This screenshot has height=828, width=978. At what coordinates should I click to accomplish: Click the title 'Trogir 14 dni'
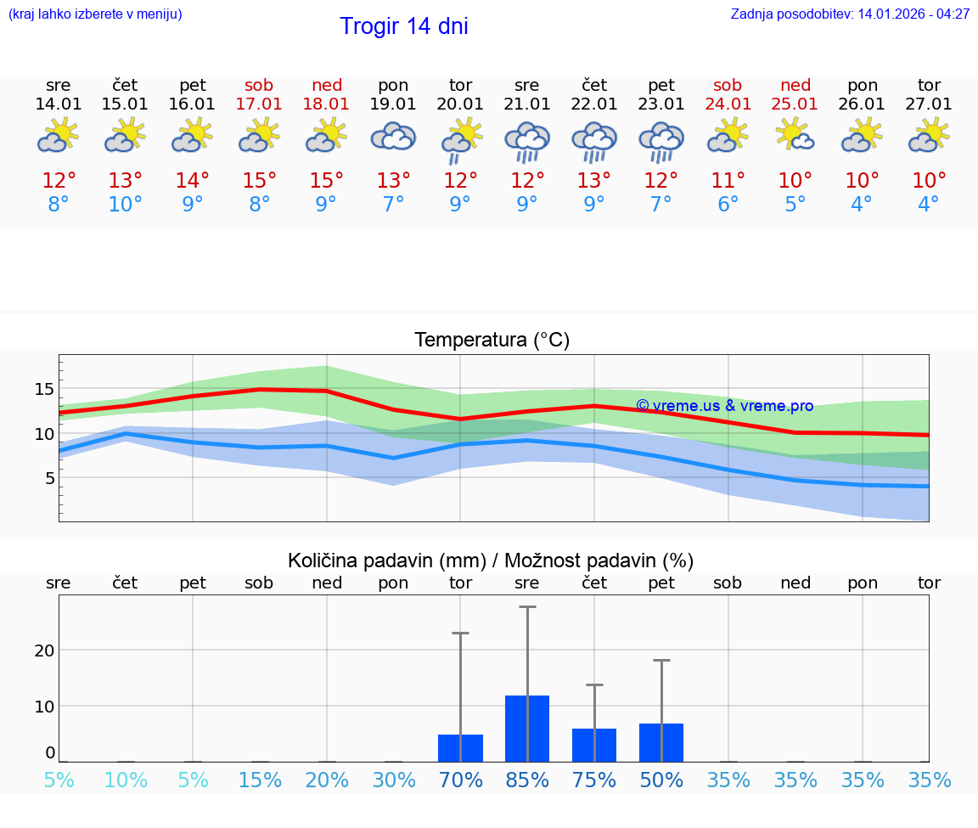coord(403,26)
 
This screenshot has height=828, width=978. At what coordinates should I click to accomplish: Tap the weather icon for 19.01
coord(393,137)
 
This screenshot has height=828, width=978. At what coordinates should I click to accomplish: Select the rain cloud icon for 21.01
coord(527,141)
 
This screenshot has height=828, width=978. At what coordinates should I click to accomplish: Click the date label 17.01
coord(259,104)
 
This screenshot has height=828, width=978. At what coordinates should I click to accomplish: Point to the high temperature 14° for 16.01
coord(193,181)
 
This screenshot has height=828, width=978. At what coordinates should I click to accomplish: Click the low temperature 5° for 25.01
coord(795,205)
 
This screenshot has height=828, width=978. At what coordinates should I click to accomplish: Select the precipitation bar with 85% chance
coord(527,728)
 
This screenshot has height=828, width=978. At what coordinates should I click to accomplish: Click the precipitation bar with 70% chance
coord(460,747)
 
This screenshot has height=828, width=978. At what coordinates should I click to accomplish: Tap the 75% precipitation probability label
coord(594,780)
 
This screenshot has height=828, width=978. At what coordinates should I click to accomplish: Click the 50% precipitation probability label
coord(661,780)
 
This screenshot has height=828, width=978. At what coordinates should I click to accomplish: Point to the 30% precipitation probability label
coord(393,780)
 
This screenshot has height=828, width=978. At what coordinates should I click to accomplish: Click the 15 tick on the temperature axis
coord(44,390)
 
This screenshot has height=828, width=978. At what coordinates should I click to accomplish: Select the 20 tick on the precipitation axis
coord(44,651)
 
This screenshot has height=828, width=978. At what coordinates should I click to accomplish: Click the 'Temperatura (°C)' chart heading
coord(492,341)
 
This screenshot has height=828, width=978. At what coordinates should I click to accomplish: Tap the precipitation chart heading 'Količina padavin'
coord(491,560)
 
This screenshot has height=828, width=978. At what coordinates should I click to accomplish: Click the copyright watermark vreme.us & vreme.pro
coord(724,406)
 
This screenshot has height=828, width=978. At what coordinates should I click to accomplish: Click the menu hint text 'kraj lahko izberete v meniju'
coord(94,14)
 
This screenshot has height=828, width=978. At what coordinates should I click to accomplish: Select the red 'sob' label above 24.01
coord(728,85)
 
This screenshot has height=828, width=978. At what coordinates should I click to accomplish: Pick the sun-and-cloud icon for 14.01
coord(58,136)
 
